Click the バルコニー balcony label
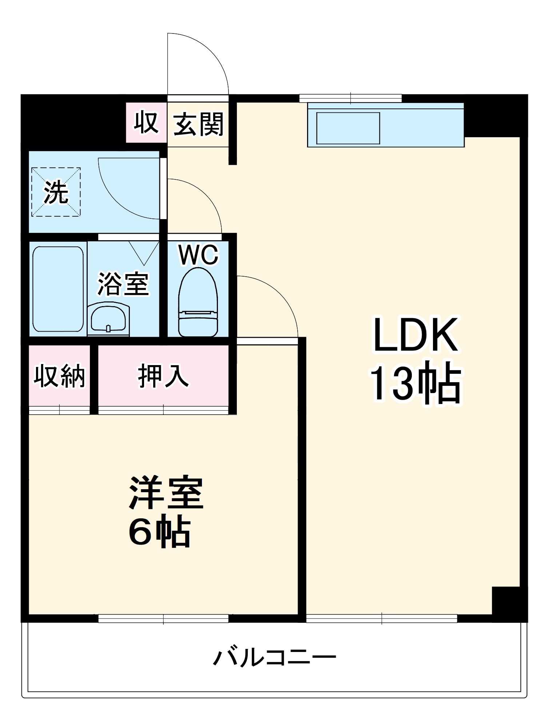coord(274,657)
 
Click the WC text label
coord(198,255)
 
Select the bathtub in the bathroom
coord(58,289)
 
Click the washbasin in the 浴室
coord(108,318)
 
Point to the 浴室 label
coord(123,284)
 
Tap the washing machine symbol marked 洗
coord(56,192)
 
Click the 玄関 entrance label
coord(198,124)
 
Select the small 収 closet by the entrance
coord(146,123)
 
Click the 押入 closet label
coord(163,376)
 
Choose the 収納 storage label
coord(59,376)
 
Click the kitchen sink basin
coord(348,128)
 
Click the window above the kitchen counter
coord(350,98)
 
